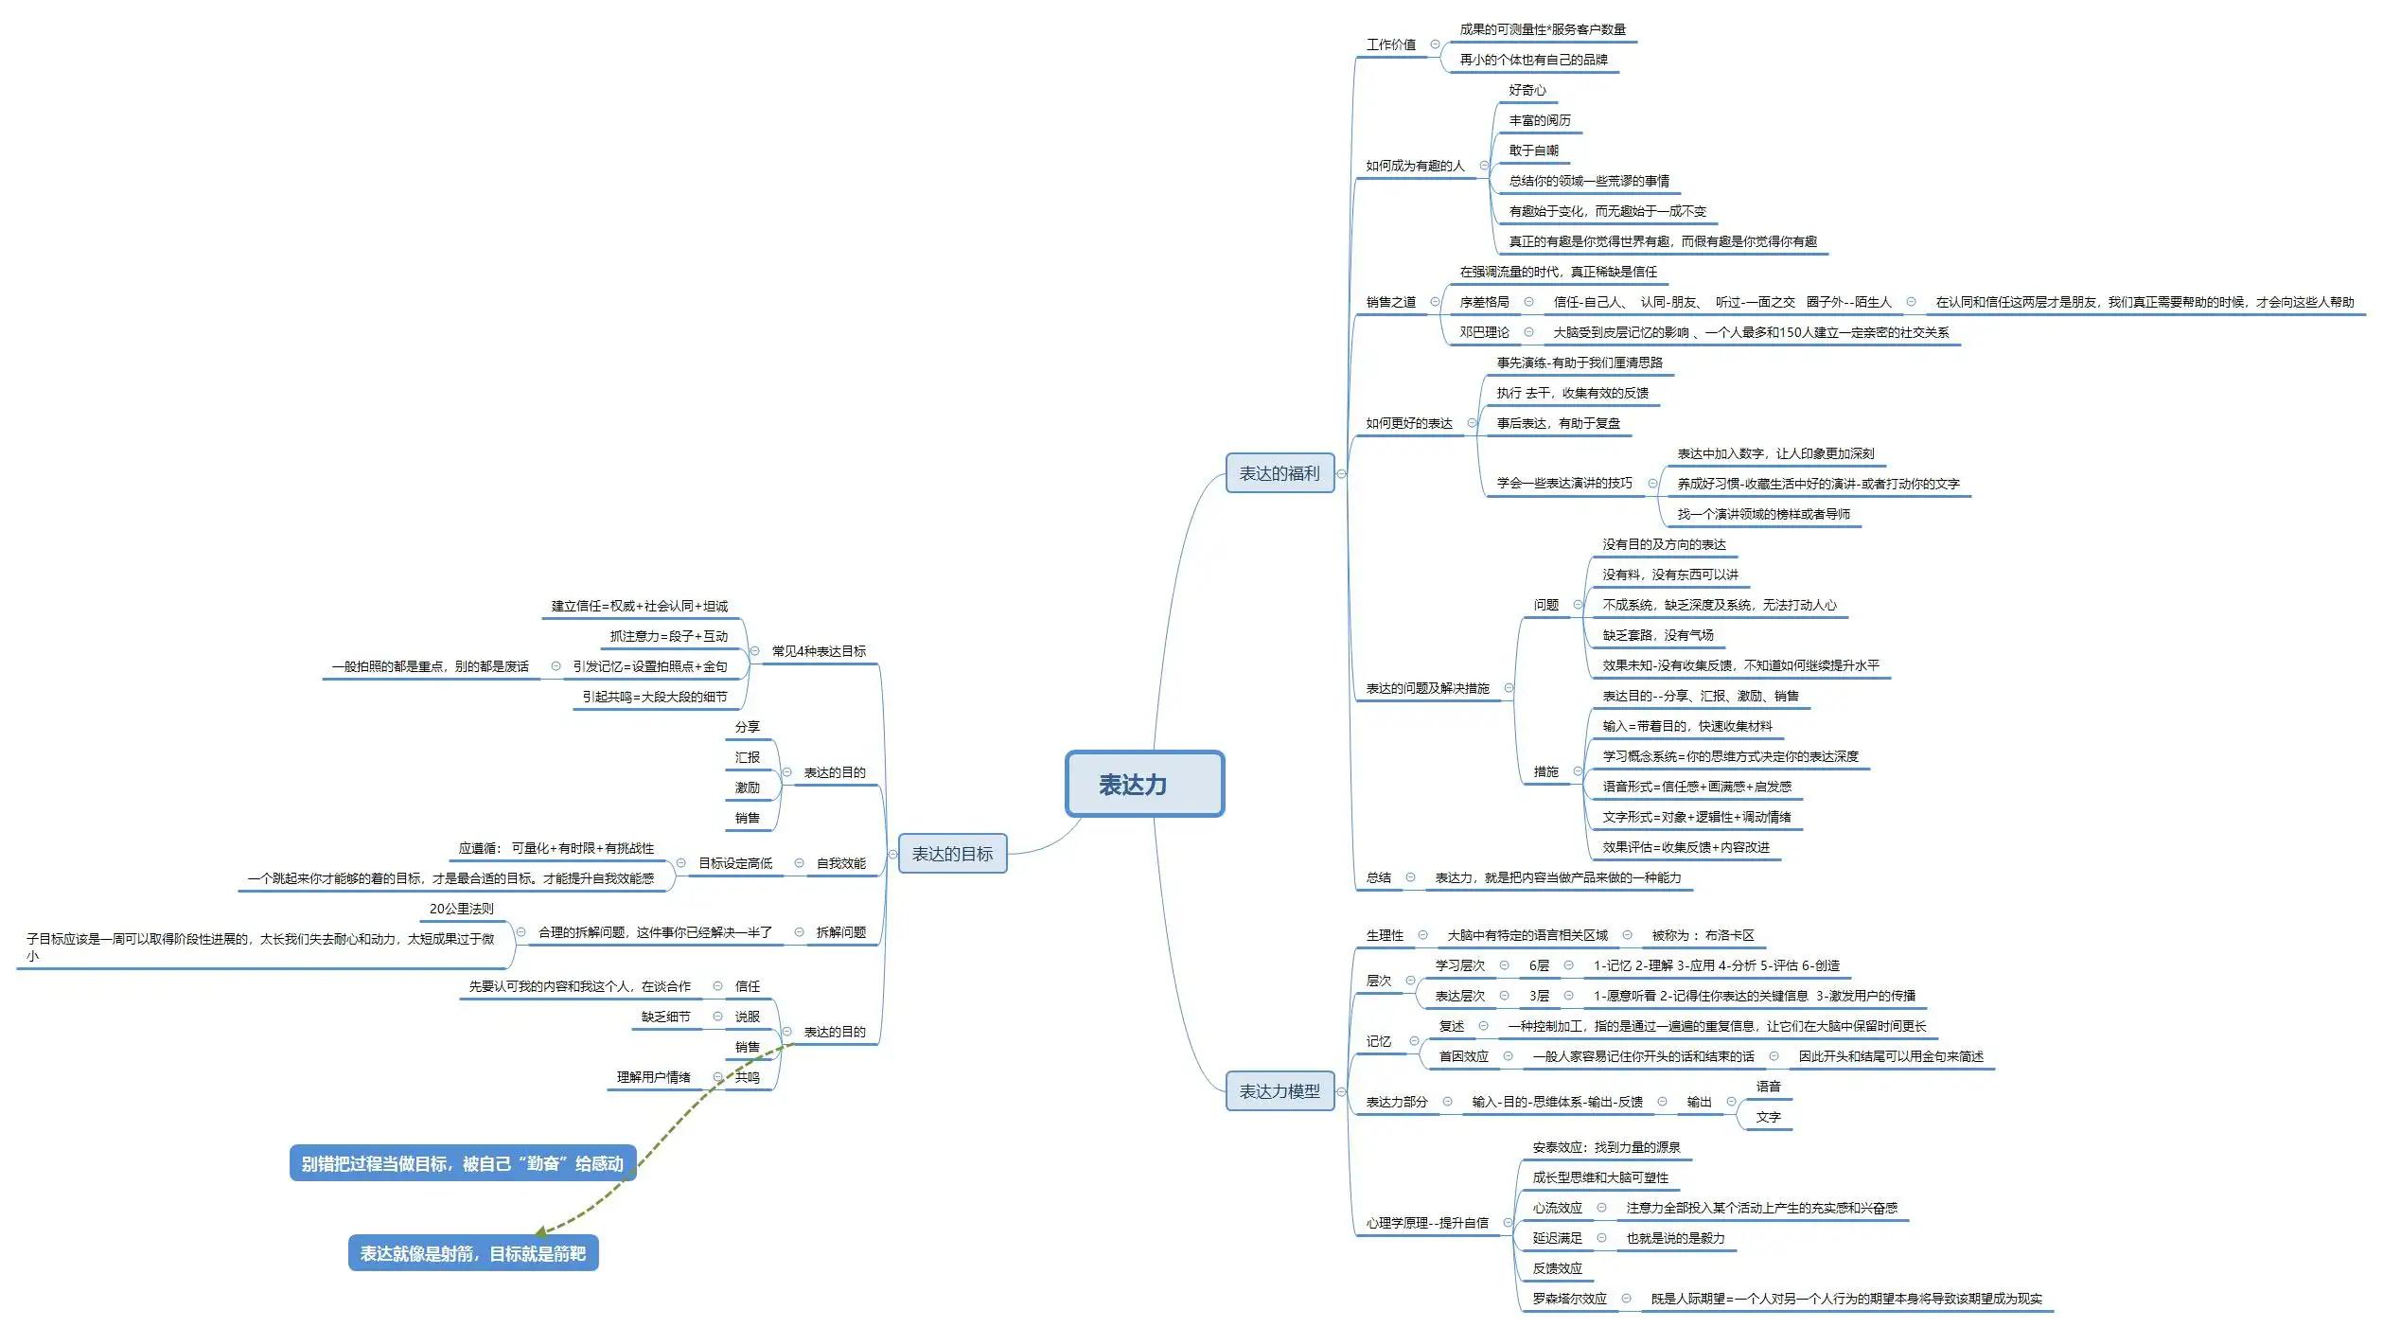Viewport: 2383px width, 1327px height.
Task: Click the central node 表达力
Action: click(x=1143, y=784)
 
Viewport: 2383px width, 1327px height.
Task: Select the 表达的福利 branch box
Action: click(x=1279, y=473)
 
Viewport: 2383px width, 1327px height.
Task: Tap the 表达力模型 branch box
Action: click(x=1279, y=1091)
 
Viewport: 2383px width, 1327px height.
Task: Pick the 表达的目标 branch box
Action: click(x=951, y=854)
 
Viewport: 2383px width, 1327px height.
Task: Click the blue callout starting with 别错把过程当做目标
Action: click(x=462, y=1163)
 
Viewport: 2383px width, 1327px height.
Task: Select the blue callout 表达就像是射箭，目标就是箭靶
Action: click(x=472, y=1253)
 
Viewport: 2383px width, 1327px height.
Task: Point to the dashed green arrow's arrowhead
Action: click(x=540, y=1232)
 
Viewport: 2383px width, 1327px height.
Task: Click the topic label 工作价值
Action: click(x=1390, y=44)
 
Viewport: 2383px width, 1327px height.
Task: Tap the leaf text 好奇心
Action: click(x=1527, y=90)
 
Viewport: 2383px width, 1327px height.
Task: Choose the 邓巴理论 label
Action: click(x=1483, y=332)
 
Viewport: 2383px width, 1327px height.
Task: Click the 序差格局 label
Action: click(x=1483, y=302)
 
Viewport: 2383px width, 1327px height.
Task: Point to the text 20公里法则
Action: click(x=461, y=909)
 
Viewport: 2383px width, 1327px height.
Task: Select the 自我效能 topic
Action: click(x=840, y=863)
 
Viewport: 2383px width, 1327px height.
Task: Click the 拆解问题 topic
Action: click(x=840, y=932)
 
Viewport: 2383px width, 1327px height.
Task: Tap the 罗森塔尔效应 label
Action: click(x=1569, y=1299)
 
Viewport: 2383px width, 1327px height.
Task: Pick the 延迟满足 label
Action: click(x=1557, y=1238)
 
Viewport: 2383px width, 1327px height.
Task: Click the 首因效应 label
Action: click(x=1463, y=1056)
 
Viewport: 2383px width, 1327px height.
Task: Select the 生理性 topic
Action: click(x=1384, y=935)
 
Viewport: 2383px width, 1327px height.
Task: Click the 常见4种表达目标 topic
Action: click(x=819, y=651)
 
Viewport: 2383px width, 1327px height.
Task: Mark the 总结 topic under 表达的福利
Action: click(x=1378, y=877)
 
